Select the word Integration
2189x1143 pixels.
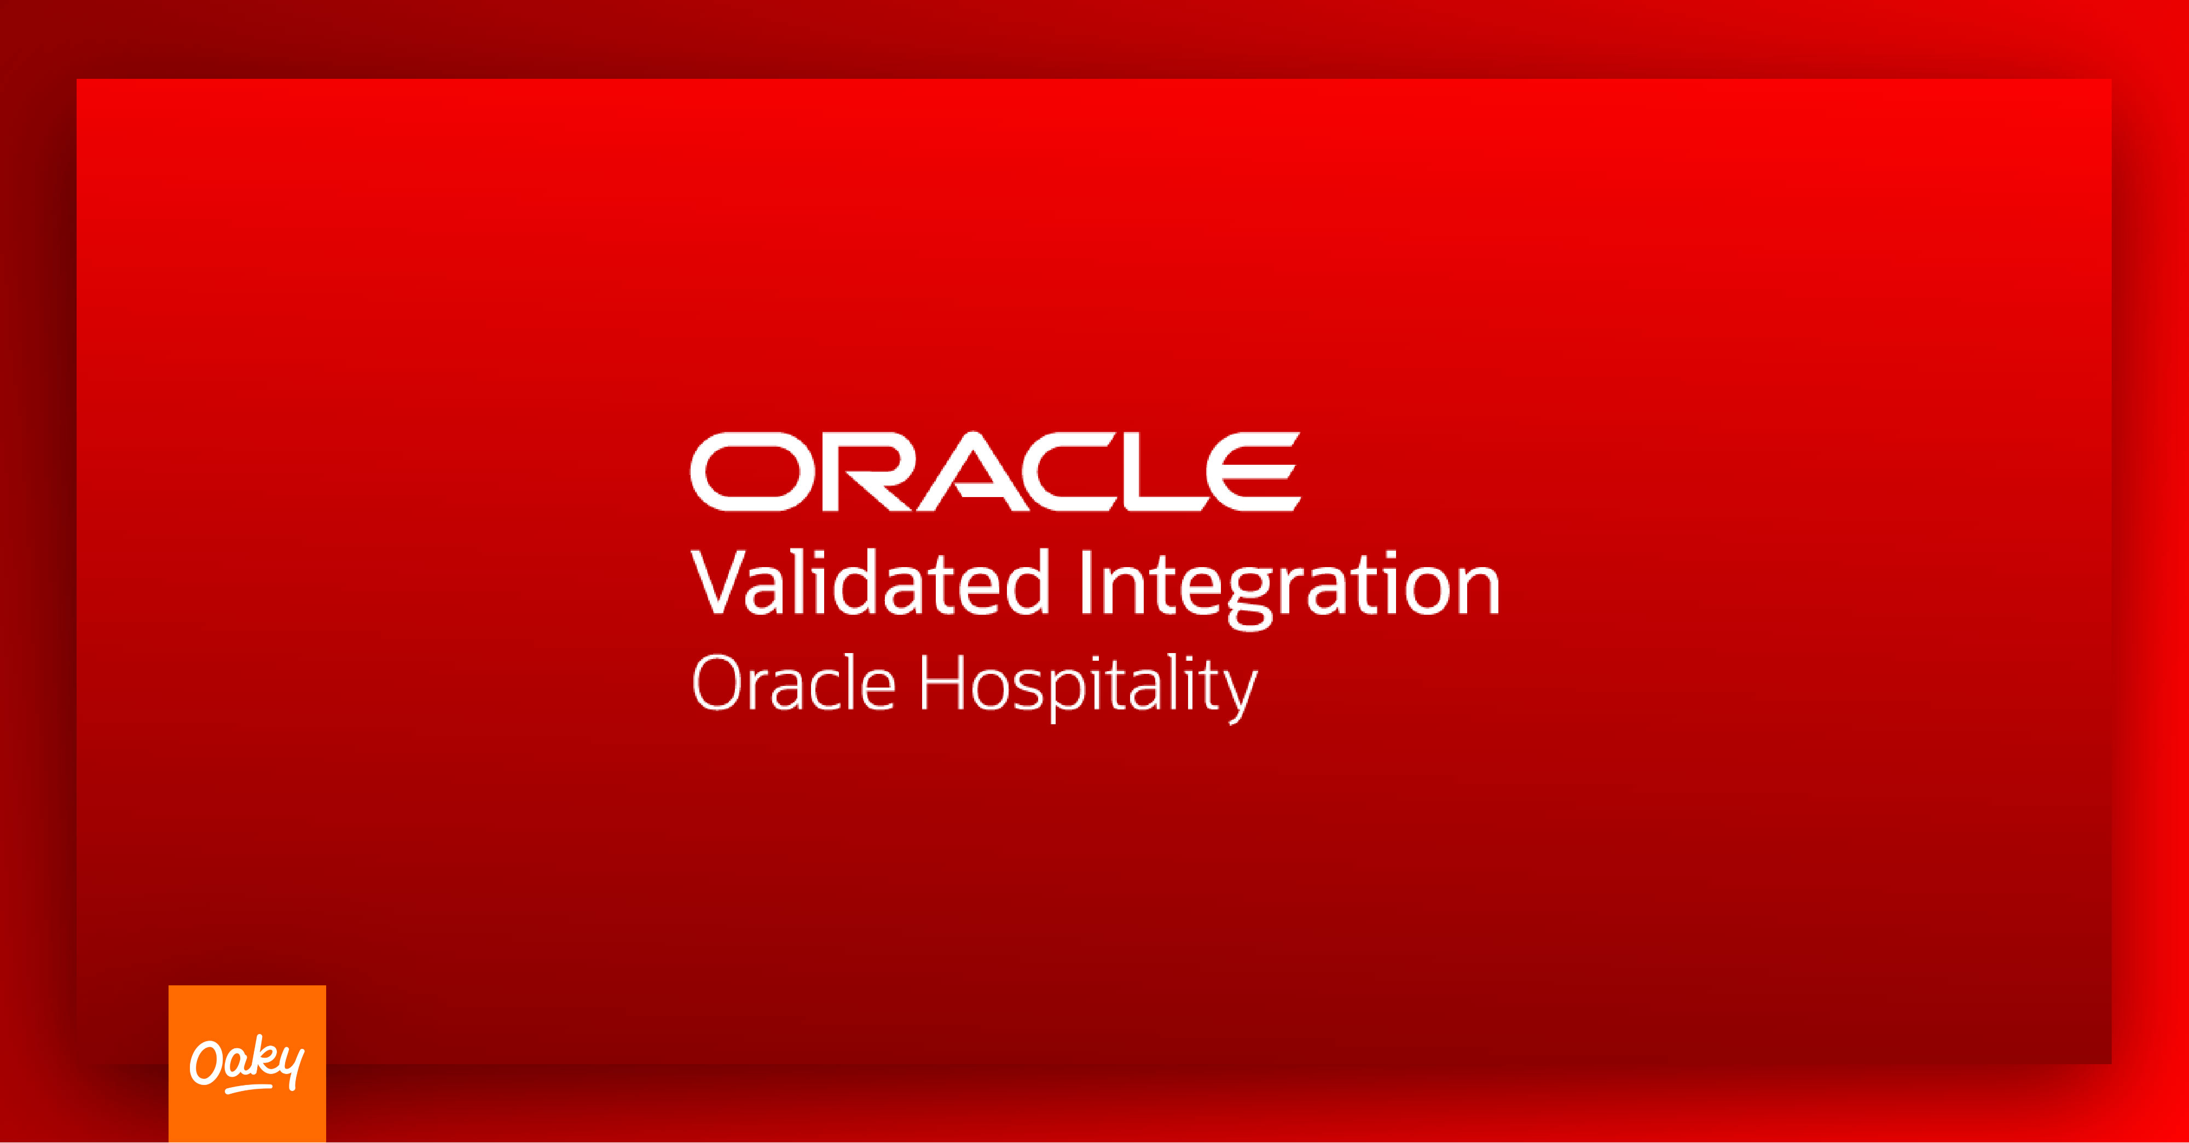pyautogui.click(x=1289, y=588)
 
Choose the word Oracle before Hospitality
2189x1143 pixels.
pyautogui.click(x=794, y=683)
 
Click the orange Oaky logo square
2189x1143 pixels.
pyautogui.click(x=247, y=1064)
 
